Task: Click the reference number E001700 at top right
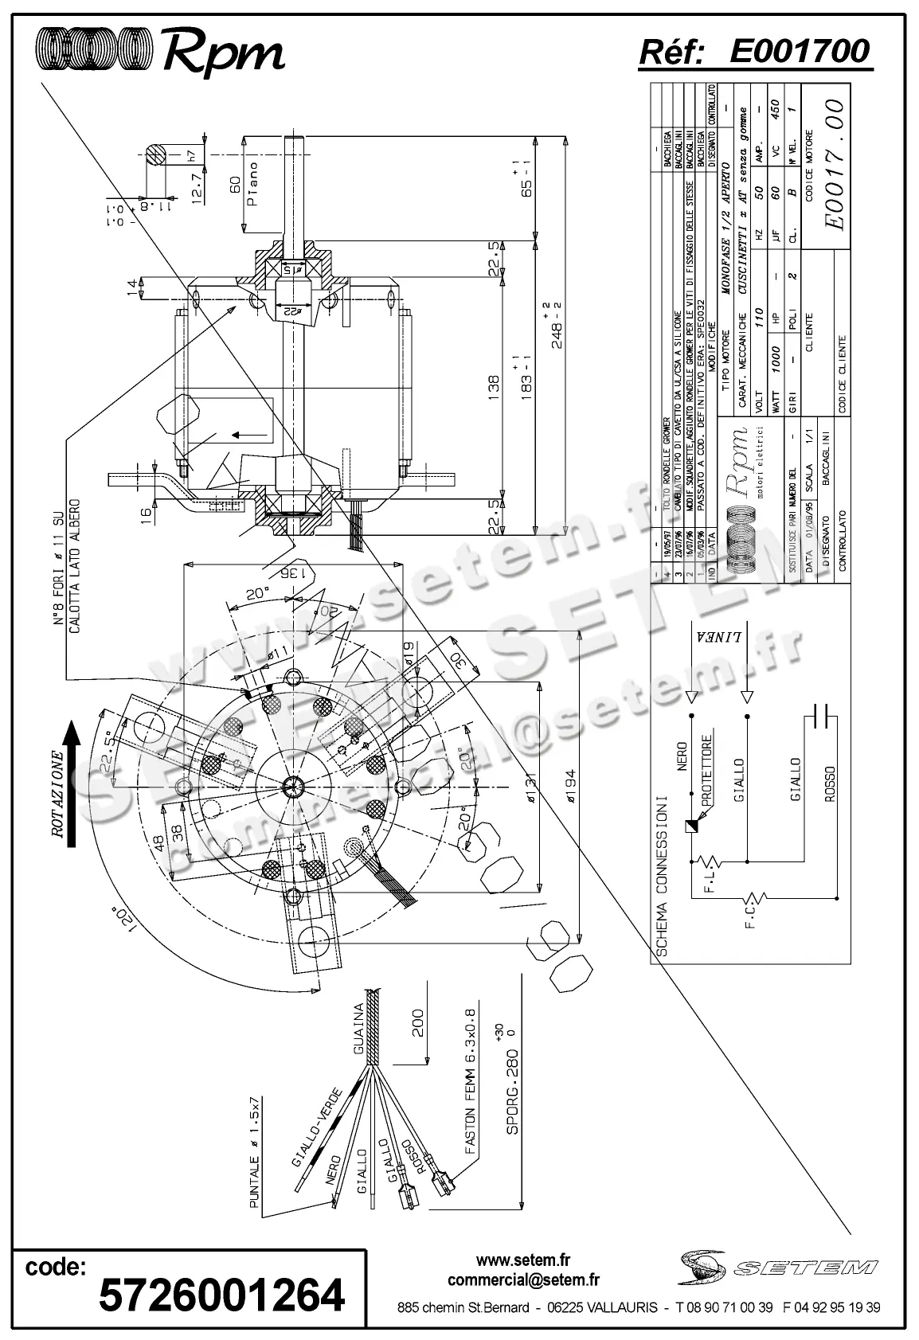(799, 52)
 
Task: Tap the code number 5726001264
(221, 1295)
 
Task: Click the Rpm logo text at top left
(223, 54)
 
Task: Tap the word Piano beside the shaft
(252, 184)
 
